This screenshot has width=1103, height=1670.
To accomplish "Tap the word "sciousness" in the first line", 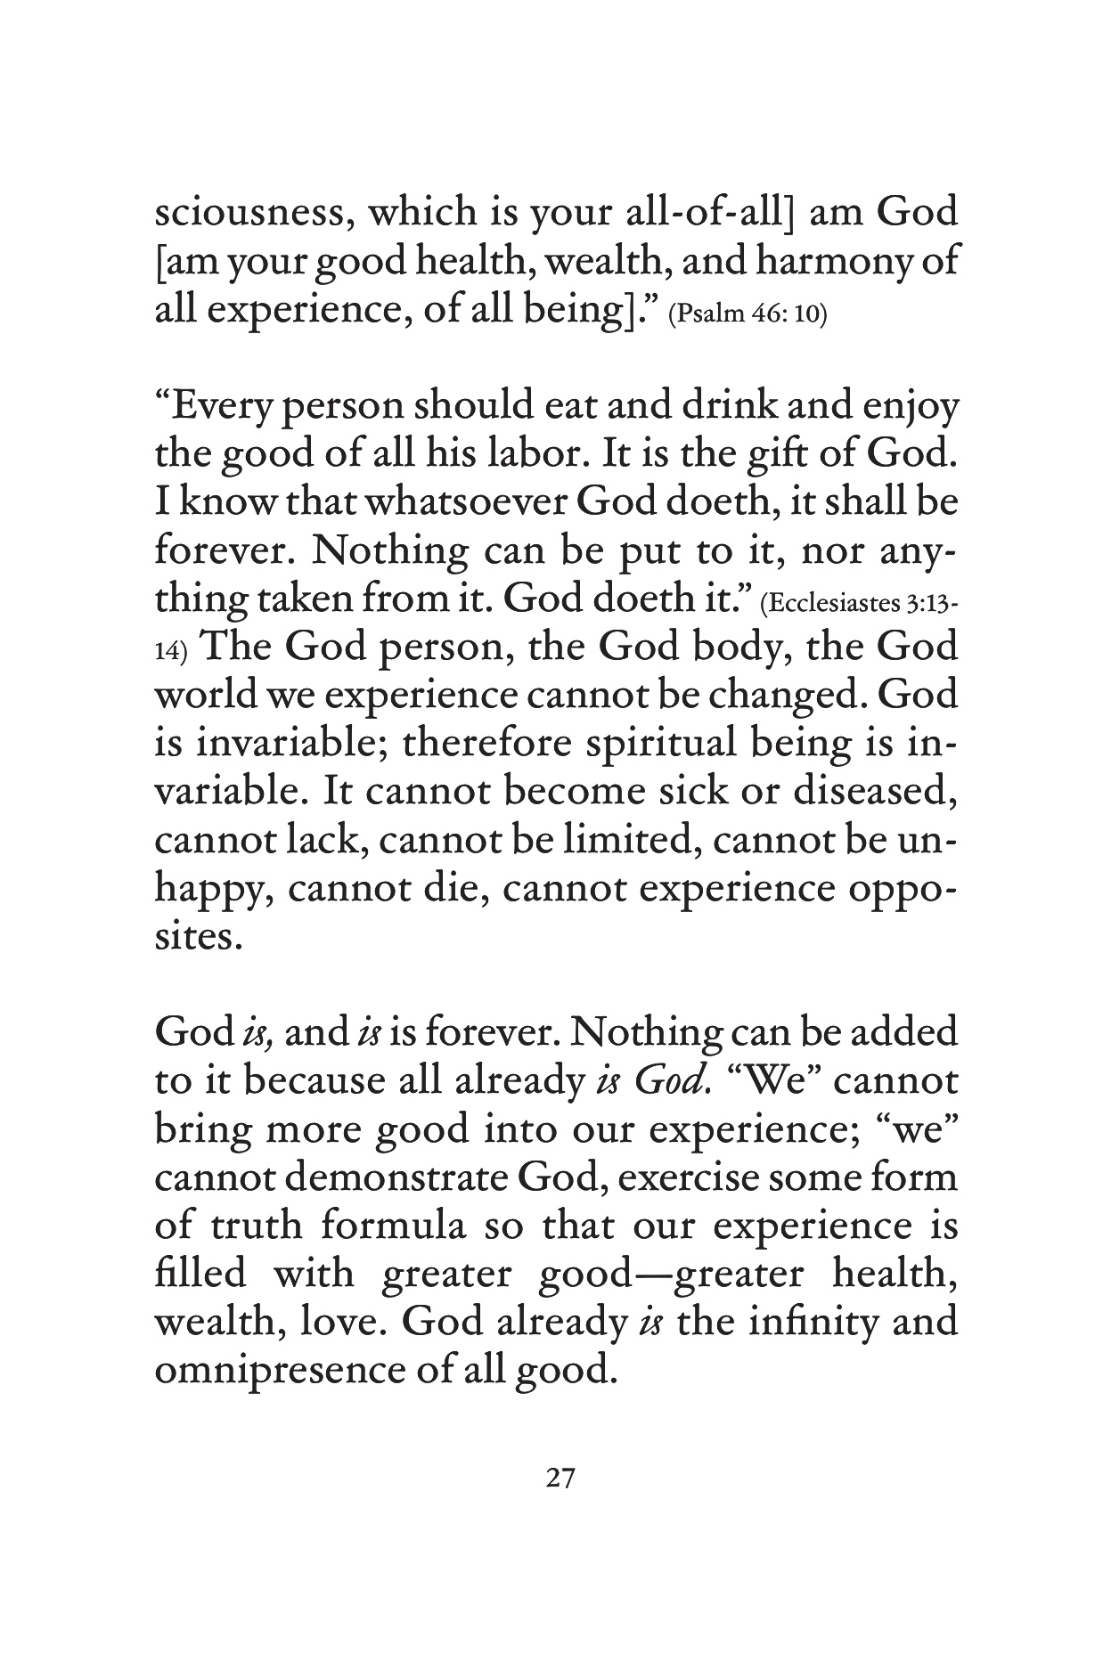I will coord(253,214).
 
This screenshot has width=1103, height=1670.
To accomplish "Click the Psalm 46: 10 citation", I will coord(747,316).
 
